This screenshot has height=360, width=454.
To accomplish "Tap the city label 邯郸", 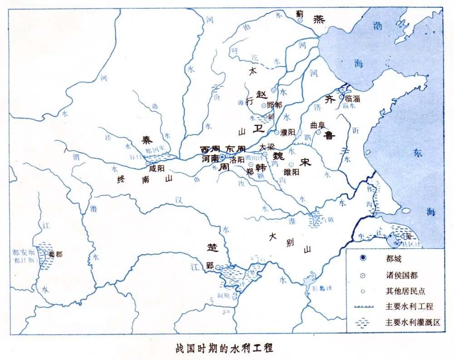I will [275, 105].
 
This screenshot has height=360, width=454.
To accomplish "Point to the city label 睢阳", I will [291, 172].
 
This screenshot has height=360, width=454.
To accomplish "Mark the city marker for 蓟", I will [300, 20].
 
